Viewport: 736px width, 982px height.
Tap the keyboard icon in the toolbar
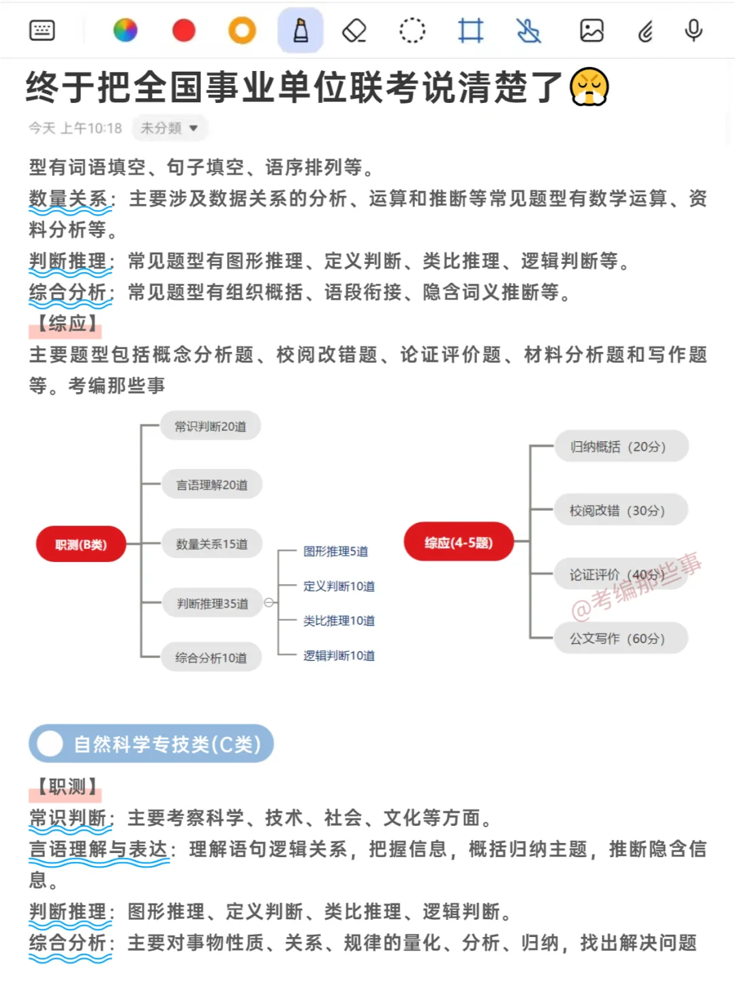point(42,31)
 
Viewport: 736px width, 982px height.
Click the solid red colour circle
point(184,31)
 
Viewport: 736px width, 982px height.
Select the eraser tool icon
point(354,31)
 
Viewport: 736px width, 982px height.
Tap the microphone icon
point(694,31)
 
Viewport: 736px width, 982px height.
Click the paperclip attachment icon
point(645,31)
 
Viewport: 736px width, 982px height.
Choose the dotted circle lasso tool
point(412,31)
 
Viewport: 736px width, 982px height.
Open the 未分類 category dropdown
point(169,128)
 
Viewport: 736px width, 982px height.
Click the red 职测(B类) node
point(81,544)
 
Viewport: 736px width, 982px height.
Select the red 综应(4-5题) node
point(459,542)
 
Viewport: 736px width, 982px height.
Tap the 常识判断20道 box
point(211,426)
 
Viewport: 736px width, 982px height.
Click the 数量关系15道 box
point(212,544)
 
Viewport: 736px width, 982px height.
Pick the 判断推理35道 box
point(212,604)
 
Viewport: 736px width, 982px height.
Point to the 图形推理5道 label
point(335,551)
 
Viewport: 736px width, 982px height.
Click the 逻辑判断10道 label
point(339,655)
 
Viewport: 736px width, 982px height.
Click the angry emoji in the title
point(589,87)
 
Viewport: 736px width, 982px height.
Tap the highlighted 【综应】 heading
point(66,324)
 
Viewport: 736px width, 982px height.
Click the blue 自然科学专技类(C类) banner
point(151,743)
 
